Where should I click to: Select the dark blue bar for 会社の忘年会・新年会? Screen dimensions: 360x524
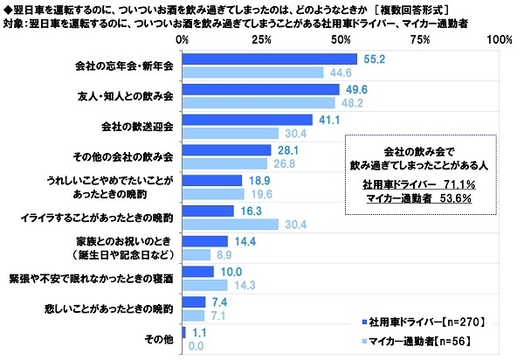pyautogui.click(x=269, y=59)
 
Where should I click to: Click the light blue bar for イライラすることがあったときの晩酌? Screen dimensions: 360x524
pyautogui.click(x=230, y=225)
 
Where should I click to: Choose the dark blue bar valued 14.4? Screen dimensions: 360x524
pyautogui.click(x=204, y=240)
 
